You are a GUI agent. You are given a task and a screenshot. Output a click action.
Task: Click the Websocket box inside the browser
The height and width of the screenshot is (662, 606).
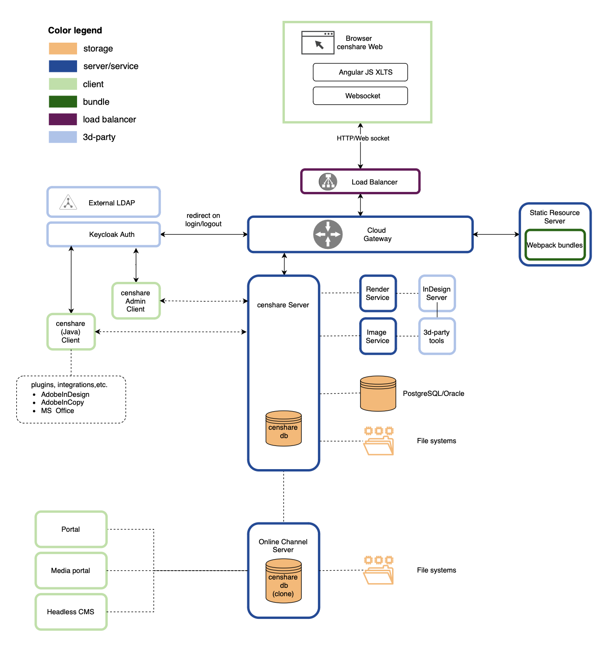click(x=360, y=96)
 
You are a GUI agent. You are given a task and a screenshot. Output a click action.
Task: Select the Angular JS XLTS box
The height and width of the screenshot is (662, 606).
click(x=360, y=72)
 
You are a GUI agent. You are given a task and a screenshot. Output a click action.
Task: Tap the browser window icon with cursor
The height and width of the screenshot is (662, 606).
click(x=318, y=43)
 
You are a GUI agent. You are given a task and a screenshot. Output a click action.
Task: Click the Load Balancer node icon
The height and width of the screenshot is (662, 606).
click(x=328, y=182)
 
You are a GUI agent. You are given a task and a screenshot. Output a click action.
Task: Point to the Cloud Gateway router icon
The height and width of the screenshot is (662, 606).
click(x=328, y=235)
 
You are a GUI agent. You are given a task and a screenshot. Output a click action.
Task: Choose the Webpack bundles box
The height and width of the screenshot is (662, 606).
click(x=555, y=245)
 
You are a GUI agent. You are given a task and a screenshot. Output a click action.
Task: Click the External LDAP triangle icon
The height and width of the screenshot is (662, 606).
click(x=68, y=203)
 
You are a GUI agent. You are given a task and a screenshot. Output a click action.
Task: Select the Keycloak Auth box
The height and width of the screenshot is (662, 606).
click(x=103, y=235)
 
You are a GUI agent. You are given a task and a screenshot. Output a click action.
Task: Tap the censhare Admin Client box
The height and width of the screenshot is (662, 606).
click(x=136, y=301)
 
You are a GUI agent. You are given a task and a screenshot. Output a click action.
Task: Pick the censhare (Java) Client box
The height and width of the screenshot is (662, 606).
click(x=71, y=332)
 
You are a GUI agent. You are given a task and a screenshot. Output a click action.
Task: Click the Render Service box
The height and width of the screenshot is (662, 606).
click(x=378, y=293)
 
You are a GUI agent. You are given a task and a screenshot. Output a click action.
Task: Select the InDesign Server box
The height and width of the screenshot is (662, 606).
click(x=437, y=293)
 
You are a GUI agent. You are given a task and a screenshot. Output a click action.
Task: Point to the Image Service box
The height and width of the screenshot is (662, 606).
click(x=378, y=337)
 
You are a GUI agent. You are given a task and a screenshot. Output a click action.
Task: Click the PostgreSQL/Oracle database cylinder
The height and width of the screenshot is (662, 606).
click(x=378, y=394)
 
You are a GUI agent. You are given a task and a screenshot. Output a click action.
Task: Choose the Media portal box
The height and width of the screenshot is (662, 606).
click(x=71, y=571)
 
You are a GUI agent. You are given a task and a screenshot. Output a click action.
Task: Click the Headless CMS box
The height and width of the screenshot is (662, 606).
click(x=71, y=612)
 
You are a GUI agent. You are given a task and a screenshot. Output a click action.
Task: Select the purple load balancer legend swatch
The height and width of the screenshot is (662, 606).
click(x=63, y=119)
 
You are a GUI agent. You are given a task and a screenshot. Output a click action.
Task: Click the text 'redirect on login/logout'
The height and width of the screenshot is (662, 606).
click(x=203, y=220)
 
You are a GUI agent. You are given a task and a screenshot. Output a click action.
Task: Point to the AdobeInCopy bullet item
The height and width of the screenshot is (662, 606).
click(x=62, y=402)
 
